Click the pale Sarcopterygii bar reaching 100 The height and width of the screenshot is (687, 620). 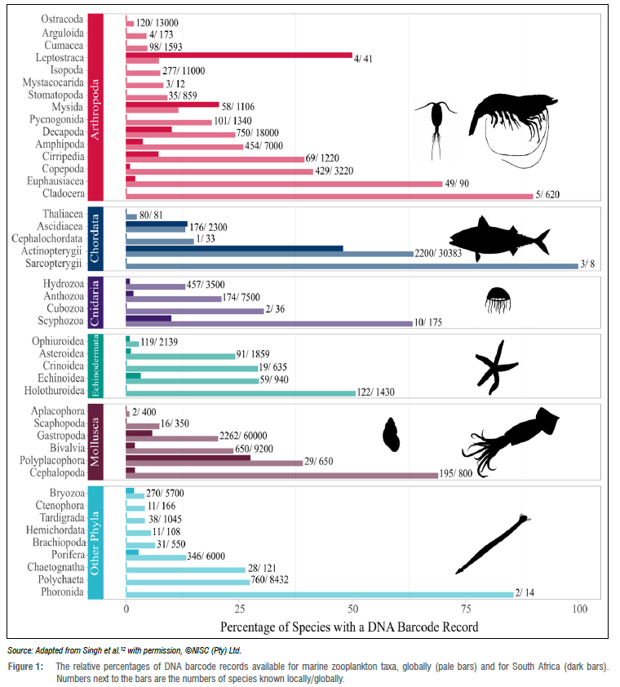click(x=352, y=266)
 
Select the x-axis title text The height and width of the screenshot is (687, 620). click(x=348, y=627)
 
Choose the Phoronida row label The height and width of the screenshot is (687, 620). click(x=61, y=593)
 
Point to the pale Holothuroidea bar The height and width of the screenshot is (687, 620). click(x=241, y=393)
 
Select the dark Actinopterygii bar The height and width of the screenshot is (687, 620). click(x=234, y=248)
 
